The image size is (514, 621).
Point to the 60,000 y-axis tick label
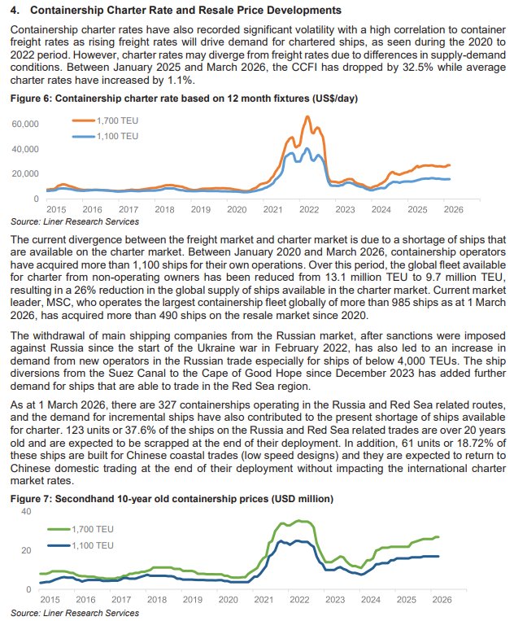24,125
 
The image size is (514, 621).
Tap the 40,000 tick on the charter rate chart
24,150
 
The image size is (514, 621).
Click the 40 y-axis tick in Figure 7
24,511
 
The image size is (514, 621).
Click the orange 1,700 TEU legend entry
102,120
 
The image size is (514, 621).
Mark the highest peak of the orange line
307,117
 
